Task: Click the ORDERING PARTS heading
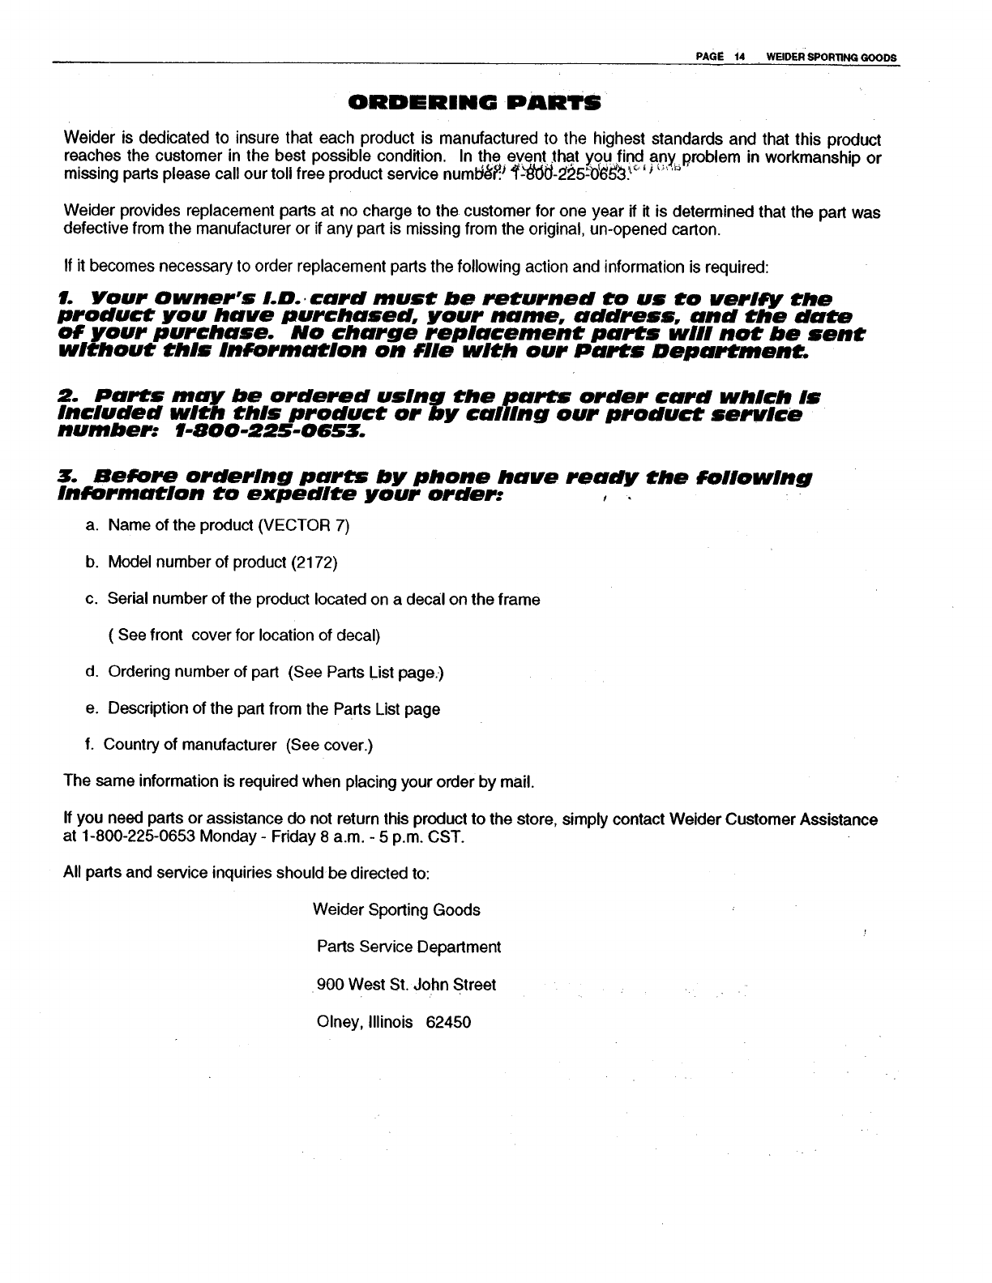pos(474,103)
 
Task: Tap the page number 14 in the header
pos(739,57)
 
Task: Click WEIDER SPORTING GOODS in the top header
pos(824,57)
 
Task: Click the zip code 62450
pos(448,1022)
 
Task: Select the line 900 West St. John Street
pos(406,985)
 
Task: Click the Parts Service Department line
pos(408,947)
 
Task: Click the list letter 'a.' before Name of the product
pos(92,525)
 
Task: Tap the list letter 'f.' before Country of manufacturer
pos(90,745)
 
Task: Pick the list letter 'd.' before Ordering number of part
pos(92,672)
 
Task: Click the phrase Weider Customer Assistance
pos(773,819)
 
